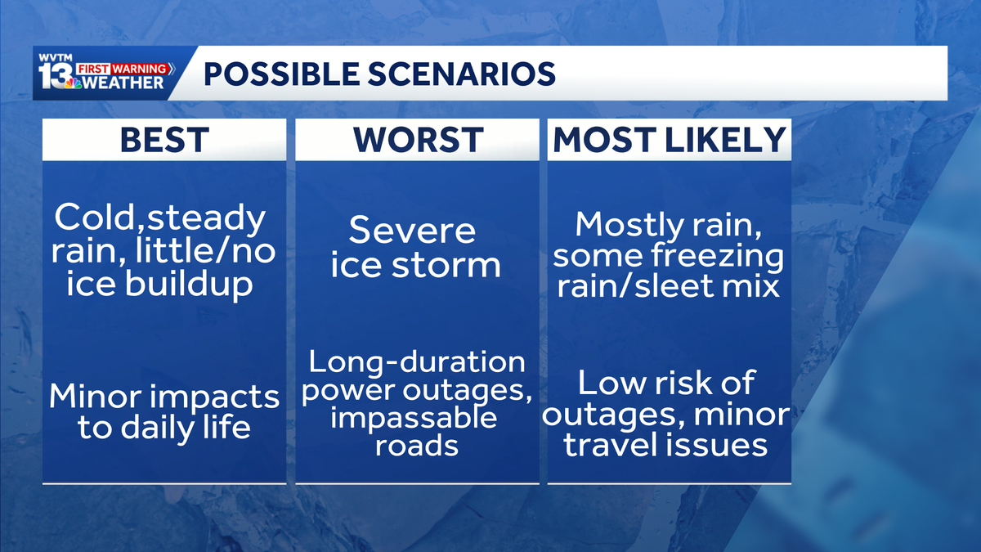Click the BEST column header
tap(164, 140)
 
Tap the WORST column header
tap(417, 140)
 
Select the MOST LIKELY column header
tap(670, 140)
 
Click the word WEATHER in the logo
tap(127, 83)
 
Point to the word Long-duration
tap(417, 361)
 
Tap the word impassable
tap(414, 418)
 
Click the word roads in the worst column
tap(417, 446)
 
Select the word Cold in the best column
tap(90, 218)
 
